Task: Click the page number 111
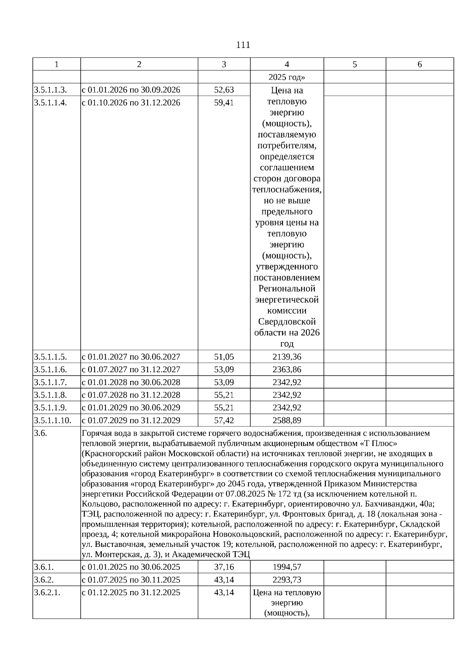pyautogui.click(x=243, y=45)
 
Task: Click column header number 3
pyautogui.click(x=224, y=64)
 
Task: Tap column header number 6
pyautogui.click(x=420, y=64)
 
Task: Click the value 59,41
pyautogui.click(x=224, y=103)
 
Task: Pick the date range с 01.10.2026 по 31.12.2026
pyautogui.click(x=131, y=103)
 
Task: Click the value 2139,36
pyautogui.click(x=287, y=357)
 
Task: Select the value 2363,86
pyautogui.click(x=287, y=369)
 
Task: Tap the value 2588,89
pyautogui.click(x=287, y=420)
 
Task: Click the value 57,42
pyautogui.click(x=224, y=420)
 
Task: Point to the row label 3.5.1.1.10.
pyautogui.click(x=53, y=420)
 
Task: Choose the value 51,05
pyautogui.click(x=224, y=357)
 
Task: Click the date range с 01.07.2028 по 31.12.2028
pyautogui.click(x=131, y=395)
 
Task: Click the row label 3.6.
pyautogui.click(x=40, y=433)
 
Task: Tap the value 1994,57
pyautogui.click(x=287, y=567)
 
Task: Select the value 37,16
pyautogui.click(x=224, y=567)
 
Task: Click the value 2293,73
pyautogui.click(x=287, y=580)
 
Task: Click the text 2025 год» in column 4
pyautogui.click(x=287, y=77)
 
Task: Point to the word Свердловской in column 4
pyautogui.click(x=287, y=322)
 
